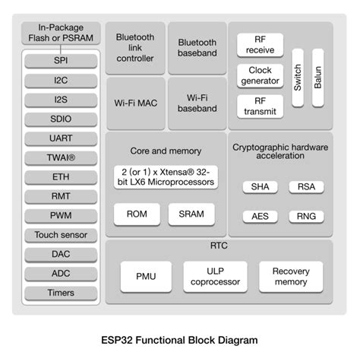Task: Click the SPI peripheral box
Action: (60, 59)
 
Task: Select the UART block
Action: (60, 138)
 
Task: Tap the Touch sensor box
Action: (60, 235)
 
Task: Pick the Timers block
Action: (60, 293)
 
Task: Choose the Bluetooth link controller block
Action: (135, 47)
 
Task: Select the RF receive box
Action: (260, 45)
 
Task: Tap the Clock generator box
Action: (260, 75)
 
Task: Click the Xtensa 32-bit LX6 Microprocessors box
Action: (165, 176)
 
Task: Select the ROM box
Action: (136, 214)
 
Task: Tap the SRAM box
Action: (191, 214)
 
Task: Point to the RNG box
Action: (307, 216)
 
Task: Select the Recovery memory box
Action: (291, 277)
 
